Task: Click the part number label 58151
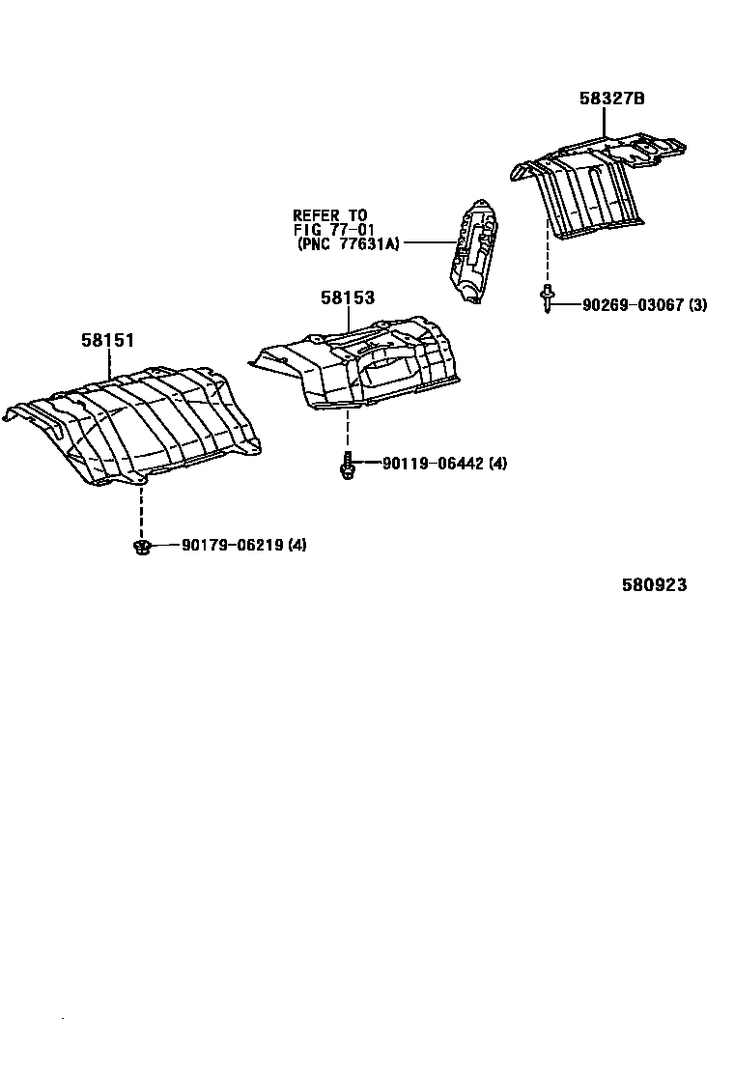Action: tap(108, 340)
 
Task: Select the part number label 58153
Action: tap(348, 298)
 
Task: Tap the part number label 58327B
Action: tap(612, 99)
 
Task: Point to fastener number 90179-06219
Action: tap(232, 545)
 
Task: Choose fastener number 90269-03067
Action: tap(633, 305)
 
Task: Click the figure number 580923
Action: tap(654, 585)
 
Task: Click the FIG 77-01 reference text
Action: tap(331, 230)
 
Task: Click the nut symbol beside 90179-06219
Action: tap(141, 548)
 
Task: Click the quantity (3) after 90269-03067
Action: tap(698, 305)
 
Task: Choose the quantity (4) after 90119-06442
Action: tap(498, 464)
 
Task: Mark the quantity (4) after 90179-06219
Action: tap(297, 545)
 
